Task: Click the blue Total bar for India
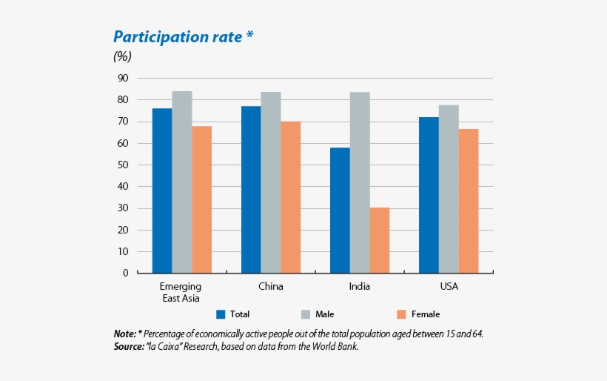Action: click(340, 211)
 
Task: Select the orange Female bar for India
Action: click(379, 240)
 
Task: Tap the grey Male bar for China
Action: click(270, 182)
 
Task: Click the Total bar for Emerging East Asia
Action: click(162, 190)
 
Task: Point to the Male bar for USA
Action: click(449, 189)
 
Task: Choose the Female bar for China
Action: click(290, 197)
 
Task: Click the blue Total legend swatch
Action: click(221, 314)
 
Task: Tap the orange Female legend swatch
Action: click(402, 314)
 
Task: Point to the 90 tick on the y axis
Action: click(122, 78)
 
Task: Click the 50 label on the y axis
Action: click(122, 165)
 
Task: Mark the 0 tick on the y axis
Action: click(125, 273)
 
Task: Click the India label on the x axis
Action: click(359, 286)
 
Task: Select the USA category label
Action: click(448, 286)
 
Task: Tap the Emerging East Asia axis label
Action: click(181, 292)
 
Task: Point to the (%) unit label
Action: click(122, 56)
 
